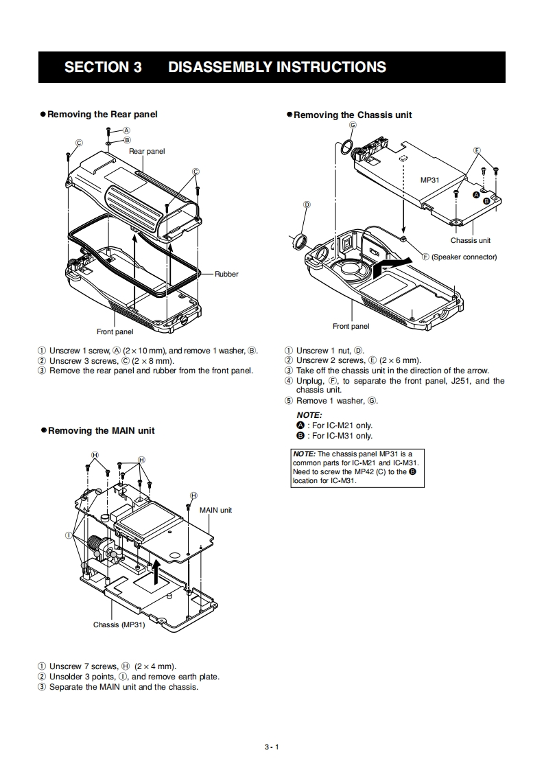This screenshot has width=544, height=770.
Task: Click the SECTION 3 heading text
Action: point(103,67)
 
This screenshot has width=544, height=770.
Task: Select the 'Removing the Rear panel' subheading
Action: point(102,114)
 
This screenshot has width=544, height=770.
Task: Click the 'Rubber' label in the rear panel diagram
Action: point(226,274)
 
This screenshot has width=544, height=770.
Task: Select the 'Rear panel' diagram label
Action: point(147,151)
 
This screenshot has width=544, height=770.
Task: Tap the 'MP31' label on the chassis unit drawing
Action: point(429,180)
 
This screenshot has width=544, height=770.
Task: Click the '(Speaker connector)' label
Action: point(464,257)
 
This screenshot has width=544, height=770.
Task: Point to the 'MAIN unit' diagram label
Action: point(215,510)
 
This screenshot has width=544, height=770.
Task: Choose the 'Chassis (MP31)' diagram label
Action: point(119,625)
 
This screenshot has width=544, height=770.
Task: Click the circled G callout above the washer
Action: point(353,126)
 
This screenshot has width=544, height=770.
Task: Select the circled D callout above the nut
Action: point(307,205)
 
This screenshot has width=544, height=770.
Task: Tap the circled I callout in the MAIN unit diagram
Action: point(69,535)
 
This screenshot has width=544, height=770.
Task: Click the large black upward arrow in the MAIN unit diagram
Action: point(157,570)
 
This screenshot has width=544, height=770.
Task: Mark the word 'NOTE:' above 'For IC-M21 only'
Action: point(309,415)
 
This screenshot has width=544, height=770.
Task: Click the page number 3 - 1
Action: point(272,747)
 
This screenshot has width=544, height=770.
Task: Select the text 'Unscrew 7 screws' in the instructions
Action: point(84,666)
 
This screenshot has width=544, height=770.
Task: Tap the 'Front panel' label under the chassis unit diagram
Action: point(351,326)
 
